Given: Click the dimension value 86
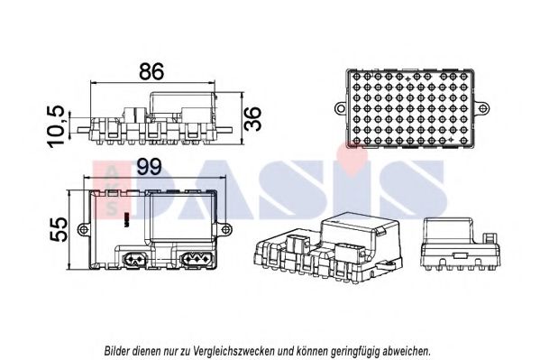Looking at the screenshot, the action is pyautogui.click(x=151, y=71).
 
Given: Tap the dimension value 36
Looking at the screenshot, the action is pyautogui.click(x=252, y=118).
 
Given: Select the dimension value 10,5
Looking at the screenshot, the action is pyautogui.click(x=56, y=126).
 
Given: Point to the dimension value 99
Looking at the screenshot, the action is pyautogui.click(x=149, y=167).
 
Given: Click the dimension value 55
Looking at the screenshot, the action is pyautogui.click(x=59, y=229).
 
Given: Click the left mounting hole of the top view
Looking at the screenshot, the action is pyautogui.click(x=83, y=229).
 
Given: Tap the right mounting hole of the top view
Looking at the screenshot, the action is pyautogui.click(x=225, y=229).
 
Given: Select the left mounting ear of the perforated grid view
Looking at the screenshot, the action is pyautogui.click(x=340, y=108).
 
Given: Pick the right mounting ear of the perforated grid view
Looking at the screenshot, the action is pyautogui.click(x=482, y=108).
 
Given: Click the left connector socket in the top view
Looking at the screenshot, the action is pyautogui.click(x=134, y=258).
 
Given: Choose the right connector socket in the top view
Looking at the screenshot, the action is pyautogui.click(x=196, y=258).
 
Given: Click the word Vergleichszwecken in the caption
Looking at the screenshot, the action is pyautogui.click(x=233, y=351).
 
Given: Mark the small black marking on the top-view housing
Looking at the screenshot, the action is pyautogui.click(x=126, y=217).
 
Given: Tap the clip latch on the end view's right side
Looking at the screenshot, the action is pyautogui.click(x=490, y=238).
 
